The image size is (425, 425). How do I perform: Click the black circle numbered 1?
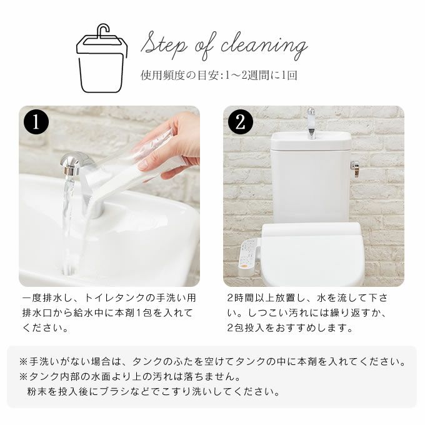pyautogui.click(x=36, y=122)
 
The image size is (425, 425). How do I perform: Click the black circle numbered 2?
pyautogui.click(x=241, y=122)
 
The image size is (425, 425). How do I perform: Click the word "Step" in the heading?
pyautogui.click(x=164, y=46)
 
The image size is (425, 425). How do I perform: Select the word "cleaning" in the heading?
pyautogui.click(x=264, y=46)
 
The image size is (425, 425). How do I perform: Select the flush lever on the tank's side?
pyautogui.click(x=355, y=167)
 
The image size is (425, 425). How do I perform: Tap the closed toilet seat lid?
pyautogui.click(x=312, y=253)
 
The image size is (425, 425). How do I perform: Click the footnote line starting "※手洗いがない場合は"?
pyautogui.click(x=212, y=362)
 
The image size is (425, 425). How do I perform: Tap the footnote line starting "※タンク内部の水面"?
pyautogui.click(x=130, y=376)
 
